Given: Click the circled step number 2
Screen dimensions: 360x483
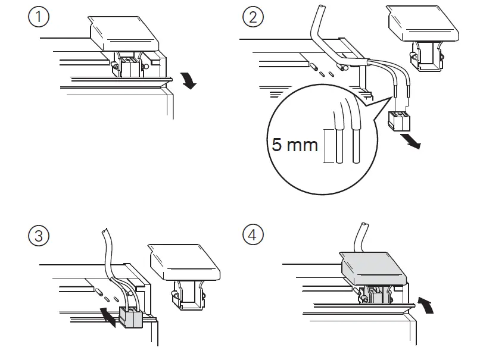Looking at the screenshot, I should pos(253,17).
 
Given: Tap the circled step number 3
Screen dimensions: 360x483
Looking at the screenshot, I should pos(39,236).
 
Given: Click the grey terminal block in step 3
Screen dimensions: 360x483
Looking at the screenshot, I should pos(131,317).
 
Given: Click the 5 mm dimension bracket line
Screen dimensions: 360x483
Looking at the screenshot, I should pos(326,146).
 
